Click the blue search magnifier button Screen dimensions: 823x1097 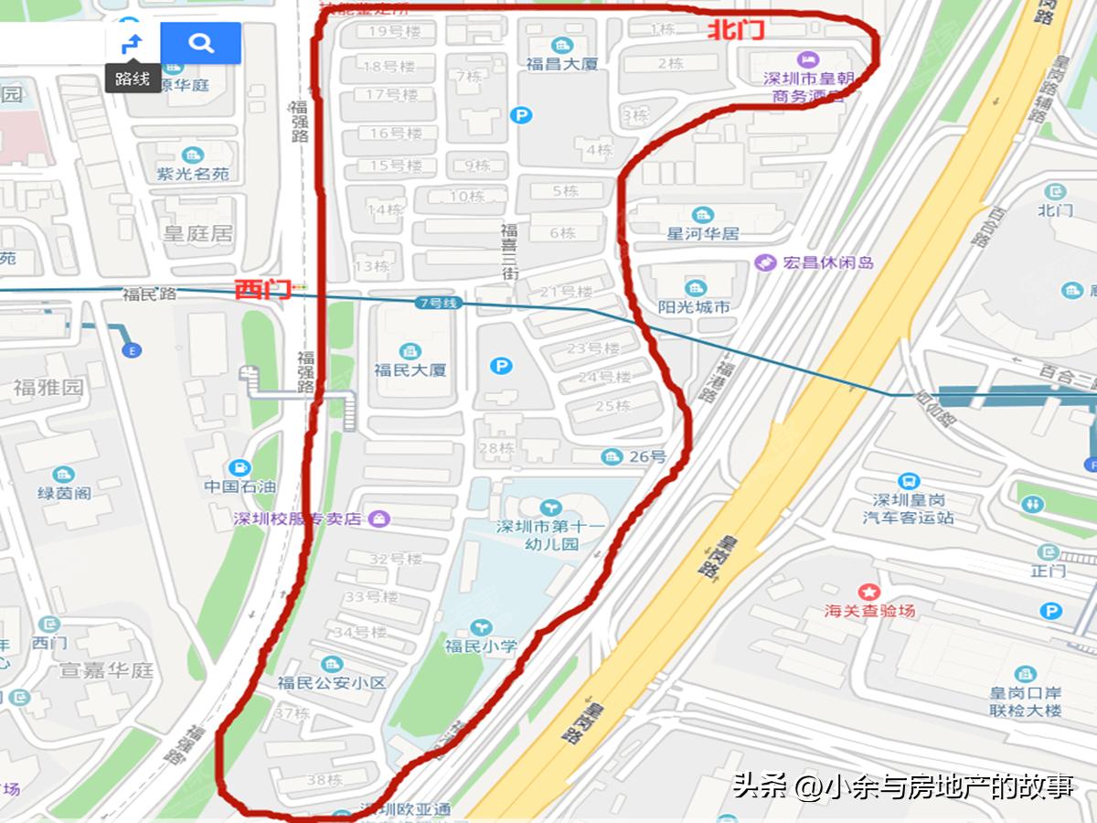201,42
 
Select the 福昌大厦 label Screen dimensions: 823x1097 561,65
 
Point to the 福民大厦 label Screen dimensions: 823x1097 410,370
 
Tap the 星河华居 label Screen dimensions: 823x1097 702,233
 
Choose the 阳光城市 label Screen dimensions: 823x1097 694,307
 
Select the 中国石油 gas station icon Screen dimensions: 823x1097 240,467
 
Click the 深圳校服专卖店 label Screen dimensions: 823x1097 300,519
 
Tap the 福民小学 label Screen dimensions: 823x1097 480,646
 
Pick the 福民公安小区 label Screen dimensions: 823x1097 332,682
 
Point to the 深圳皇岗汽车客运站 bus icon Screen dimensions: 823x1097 909,482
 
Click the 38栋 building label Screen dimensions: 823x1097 324,780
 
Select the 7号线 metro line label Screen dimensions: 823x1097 435,303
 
